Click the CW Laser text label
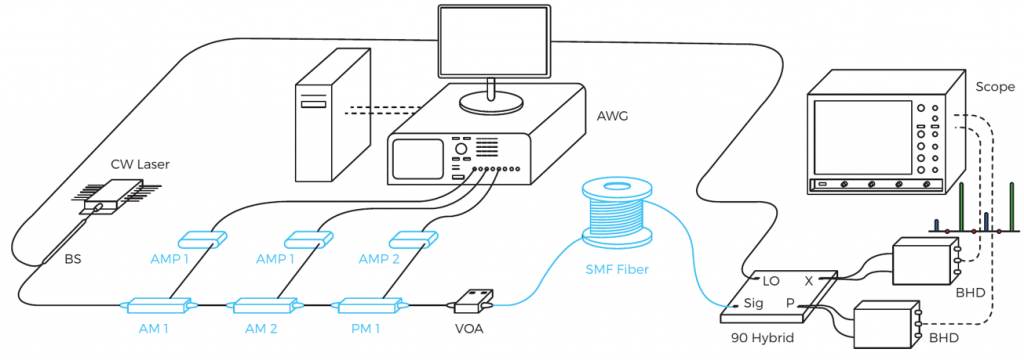[x=140, y=164]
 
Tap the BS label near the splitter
[x=72, y=259]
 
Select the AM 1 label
[x=155, y=329]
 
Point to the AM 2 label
[x=261, y=329]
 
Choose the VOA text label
[x=470, y=329]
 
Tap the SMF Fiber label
[x=617, y=268]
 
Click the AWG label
[x=612, y=118]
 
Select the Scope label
[x=995, y=87]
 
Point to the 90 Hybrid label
[x=760, y=339]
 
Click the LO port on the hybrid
[x=771, y=281]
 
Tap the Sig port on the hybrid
[x=753, y=304]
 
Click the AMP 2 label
[x=377, y=259]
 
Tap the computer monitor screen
[x=492, y=41]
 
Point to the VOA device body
[x=473, y=300]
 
